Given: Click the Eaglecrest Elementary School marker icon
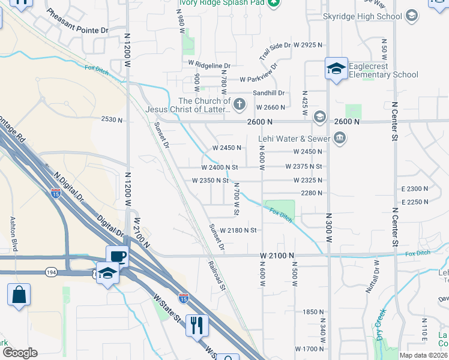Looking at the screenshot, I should (337, 68).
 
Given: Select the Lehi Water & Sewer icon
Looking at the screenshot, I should (340, 139).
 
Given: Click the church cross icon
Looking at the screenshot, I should (240, 104).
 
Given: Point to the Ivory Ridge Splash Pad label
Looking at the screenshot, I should (221, 2).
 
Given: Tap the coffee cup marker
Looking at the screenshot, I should (118, 257).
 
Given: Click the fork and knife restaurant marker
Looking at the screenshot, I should (197, 326).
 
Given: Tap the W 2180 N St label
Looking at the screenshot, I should (238, 230).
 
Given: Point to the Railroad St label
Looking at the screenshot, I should (217, 275).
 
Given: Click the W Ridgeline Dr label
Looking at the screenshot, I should (209, 64).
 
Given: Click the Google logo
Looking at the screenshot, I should (19, 353).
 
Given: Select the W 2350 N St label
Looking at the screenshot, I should (210, 181).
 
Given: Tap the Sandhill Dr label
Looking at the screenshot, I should (268, 93).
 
